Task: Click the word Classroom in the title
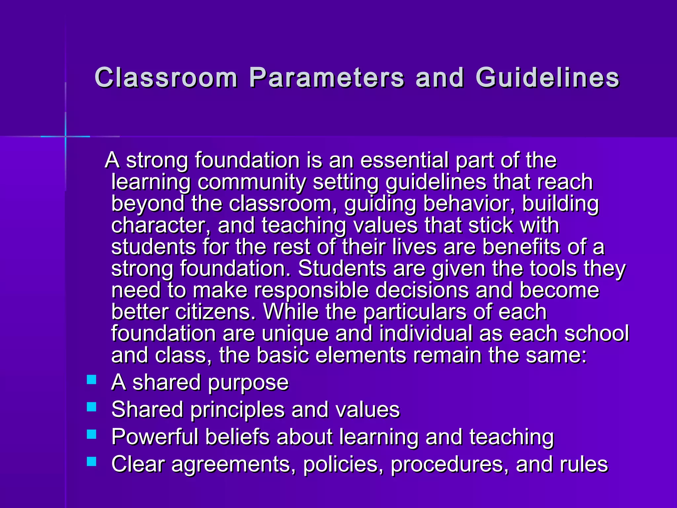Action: [166, 78]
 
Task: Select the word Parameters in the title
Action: [327, 78]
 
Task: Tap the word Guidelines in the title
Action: [547, 78]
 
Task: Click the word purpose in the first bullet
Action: [248, 383]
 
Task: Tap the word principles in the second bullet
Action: [237, 410]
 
